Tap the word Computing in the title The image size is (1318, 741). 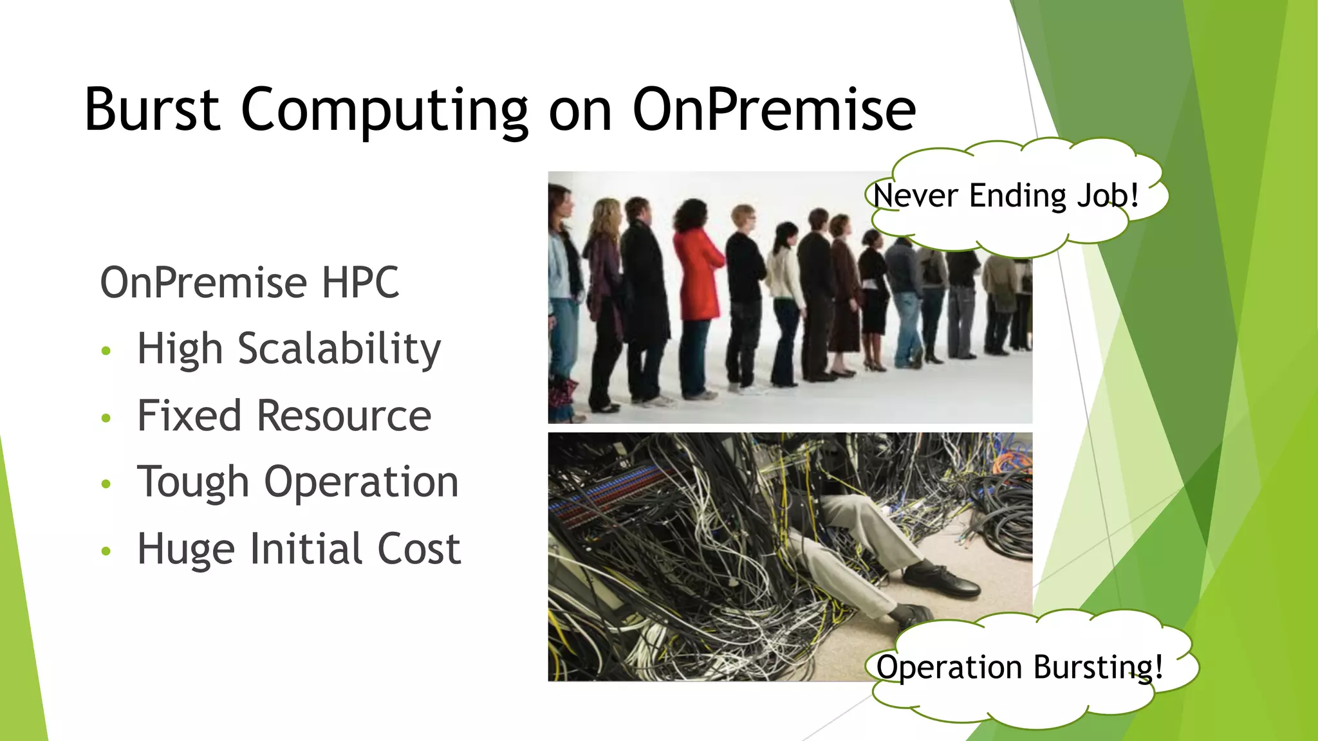[384, 111]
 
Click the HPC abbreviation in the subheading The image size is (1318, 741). [360, 282]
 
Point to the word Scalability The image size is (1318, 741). [339, 349]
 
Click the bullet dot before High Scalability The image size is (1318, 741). [106, 351]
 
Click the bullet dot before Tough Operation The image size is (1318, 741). [106, 484]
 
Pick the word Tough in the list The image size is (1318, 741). [193, 482]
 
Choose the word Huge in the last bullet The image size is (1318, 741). [185, 550]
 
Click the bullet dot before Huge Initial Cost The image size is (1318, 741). [106, 551]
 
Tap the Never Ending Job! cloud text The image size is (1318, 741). [1006, 196]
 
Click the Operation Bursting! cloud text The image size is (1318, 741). [1019, 667]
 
